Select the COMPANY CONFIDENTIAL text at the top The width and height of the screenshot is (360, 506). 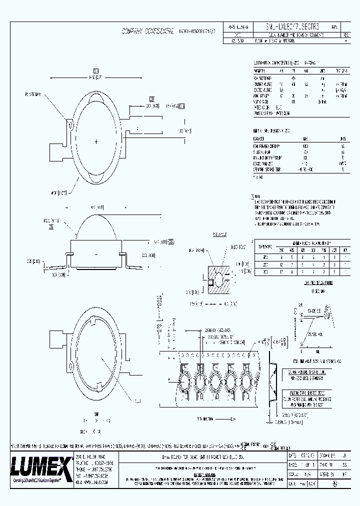point(149,31)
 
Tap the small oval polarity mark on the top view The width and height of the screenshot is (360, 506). point(71,126)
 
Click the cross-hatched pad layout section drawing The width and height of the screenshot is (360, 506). point(217,280)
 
